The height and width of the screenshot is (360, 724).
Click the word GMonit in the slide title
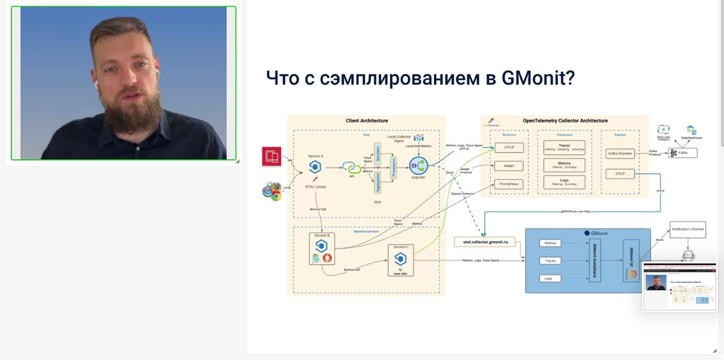pos(538,78)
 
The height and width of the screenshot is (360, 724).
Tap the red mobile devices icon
pos(271,157)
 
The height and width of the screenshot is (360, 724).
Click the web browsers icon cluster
pos(272,191)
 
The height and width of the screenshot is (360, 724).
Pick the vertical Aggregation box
pos(377,182)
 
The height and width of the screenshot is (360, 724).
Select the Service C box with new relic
pos(400,260)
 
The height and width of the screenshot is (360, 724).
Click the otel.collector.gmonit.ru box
pos(484,242)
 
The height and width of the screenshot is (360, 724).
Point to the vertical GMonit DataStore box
pos(594,261)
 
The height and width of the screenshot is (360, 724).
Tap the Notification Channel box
pos(688,229)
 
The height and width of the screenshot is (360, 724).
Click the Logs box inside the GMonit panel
pos(548,279)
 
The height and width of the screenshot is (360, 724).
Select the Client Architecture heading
pos(366,121)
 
